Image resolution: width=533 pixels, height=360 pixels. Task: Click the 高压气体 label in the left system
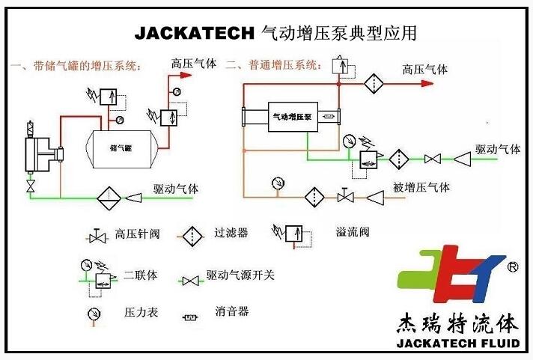point(194,64)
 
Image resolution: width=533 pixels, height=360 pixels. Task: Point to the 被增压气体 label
point(422,186)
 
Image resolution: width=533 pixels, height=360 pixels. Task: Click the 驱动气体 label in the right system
point(498,149)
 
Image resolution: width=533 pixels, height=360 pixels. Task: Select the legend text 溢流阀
point(353,231)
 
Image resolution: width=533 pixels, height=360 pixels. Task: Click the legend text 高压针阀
point(137,234)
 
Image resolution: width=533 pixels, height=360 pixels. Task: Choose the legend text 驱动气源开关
point(240,275)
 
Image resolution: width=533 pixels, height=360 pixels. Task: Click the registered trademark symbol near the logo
point(513,266)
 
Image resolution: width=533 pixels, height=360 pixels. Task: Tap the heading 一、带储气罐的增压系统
point(77,66)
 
